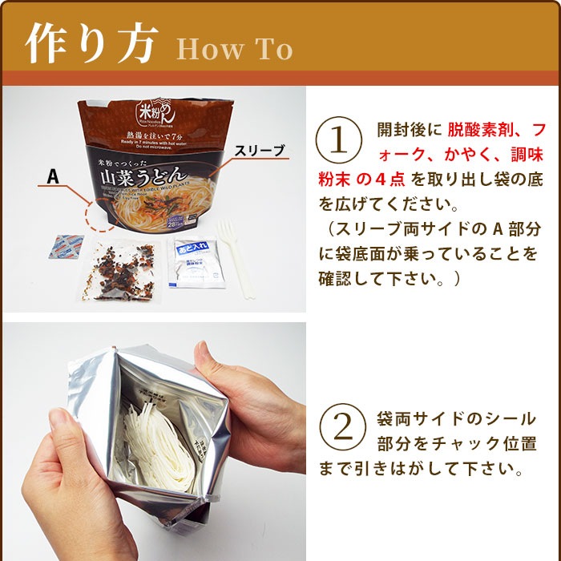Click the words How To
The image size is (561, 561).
[x=234, y=49]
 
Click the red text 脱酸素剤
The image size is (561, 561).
[x=479, y=130]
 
